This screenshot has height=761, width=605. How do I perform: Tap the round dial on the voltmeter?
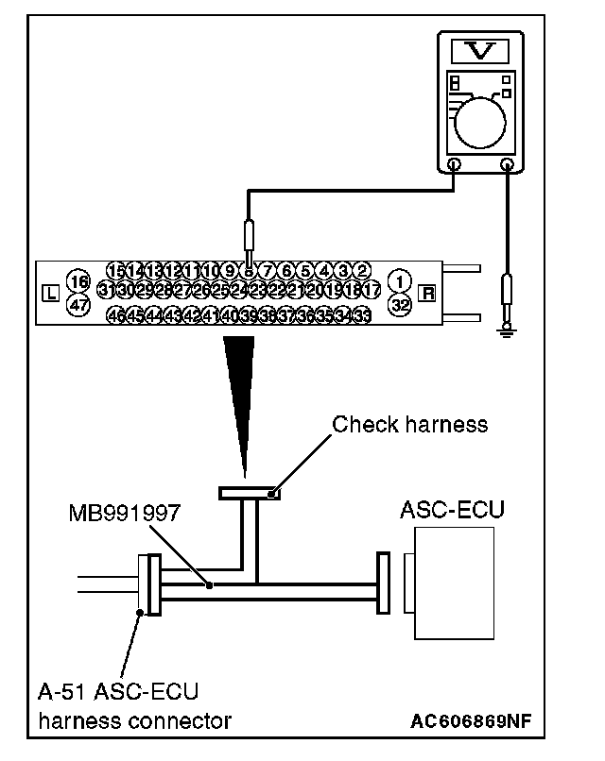tap(481, 120)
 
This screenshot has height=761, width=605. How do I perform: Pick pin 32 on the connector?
tap(400, 304)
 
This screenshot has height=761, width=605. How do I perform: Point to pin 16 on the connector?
tap(78, 282)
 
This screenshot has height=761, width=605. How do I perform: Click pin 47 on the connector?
tap(78, 304)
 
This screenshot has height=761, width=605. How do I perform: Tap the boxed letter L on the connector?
tap(50, 293)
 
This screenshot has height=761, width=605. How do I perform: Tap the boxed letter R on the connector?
tap(428, 293)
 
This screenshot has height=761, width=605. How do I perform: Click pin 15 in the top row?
tap(116, 272)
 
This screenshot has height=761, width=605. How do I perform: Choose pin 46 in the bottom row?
tap(115, 314)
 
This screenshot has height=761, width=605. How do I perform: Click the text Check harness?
tap(409, 424)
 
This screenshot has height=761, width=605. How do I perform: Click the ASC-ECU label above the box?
tap(451, 511)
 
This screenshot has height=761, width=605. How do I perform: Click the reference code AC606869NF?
tap(470, 722)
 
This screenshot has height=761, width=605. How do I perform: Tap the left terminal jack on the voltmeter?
tap(454, 165)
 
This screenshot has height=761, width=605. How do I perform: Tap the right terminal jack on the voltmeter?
tap(509, 165)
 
